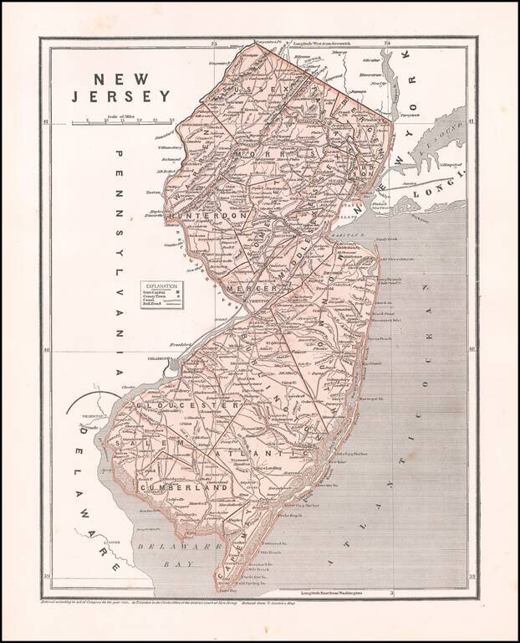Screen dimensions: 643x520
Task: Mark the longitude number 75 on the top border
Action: [214, 42]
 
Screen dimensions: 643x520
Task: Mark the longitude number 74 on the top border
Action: [387, 42]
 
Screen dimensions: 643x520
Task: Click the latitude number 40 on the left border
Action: [47, 351]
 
